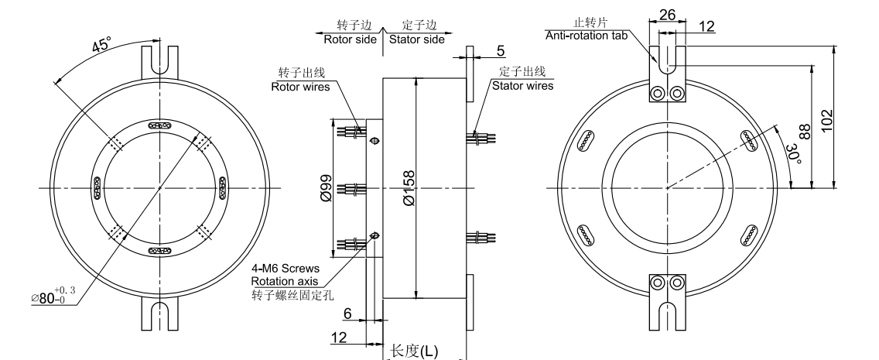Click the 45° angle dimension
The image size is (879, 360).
pyautogui.click(x=101, y=46)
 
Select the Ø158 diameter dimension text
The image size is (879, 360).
pyautogui.click(x=409, y=187)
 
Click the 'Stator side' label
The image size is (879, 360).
pyautogui.click(x=416, y=39)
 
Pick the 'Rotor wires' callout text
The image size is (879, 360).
pyautogui.click(x=300, y=87)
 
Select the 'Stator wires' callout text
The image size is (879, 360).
pyautogui.click(x=523, y=85)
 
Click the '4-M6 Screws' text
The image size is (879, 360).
pyautogui.click(x=284, y=269)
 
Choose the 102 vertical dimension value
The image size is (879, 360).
pyautogui.click(x=850, y=117)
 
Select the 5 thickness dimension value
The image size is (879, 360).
pyautogui.click(x=501, y=51)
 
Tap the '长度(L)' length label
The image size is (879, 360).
pyautogui.click(x=414, y=351)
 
